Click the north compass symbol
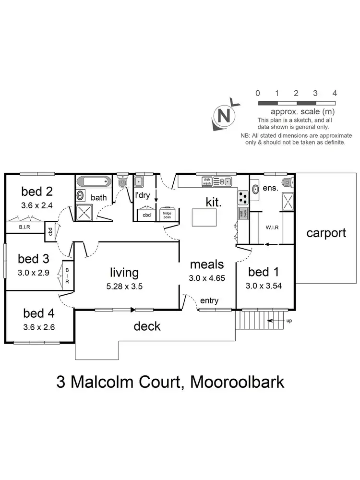(222, 115)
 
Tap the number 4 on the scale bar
(335, 93)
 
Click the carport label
(326, 233)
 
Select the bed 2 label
(37, 192)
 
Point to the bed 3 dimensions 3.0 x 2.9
(33, 271)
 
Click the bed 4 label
(39, 313)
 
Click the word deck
(147, 327)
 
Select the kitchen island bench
(204, 217)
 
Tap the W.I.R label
(273, 227)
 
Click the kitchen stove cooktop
(243, 197)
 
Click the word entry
(210, 301)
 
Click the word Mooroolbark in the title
(237, 383)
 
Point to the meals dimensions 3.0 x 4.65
(207, 277)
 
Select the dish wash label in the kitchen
(207, 181)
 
